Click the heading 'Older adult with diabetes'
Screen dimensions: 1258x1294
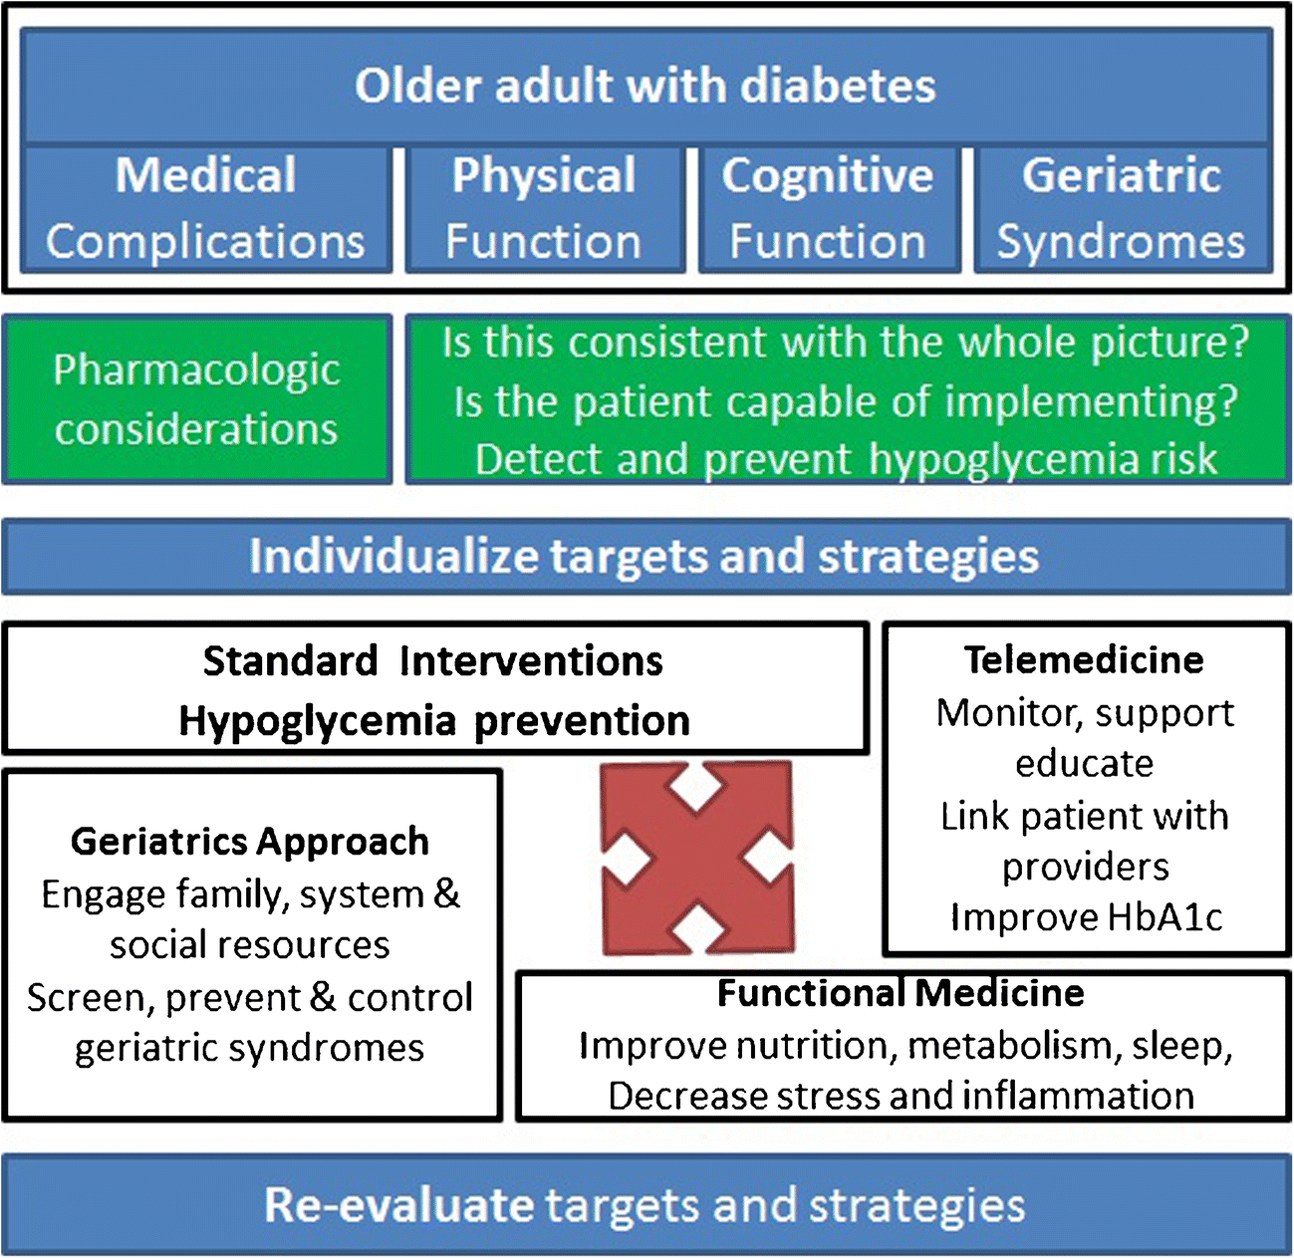point(646,86)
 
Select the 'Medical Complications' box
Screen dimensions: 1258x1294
point(205,209)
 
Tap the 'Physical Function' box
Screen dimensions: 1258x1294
point(544,209)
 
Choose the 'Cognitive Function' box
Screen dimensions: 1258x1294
point(828,209)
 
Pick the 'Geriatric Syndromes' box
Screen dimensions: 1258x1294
point(1122,209)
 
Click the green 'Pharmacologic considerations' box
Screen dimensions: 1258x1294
point(196,399)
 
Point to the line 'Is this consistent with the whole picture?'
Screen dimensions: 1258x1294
point(846,343)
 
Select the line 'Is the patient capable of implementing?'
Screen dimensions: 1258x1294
point(846,401)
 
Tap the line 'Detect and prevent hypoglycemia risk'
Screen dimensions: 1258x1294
point(846,459)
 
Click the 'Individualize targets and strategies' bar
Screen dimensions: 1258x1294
point(646,556)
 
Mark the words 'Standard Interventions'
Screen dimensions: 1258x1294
point(433,661)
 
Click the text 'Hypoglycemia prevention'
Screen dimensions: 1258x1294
point(434,721)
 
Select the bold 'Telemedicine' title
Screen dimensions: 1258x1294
point(1084,659)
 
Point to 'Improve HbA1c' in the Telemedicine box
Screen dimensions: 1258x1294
point(1086,917)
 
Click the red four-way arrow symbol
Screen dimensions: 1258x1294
point(697,857)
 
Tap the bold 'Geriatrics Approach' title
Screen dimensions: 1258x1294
point(250,842)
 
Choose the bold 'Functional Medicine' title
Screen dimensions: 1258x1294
point(901,993)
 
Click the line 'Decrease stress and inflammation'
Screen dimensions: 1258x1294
point(901,1096)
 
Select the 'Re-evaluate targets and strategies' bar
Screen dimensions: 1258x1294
point(646,1204)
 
